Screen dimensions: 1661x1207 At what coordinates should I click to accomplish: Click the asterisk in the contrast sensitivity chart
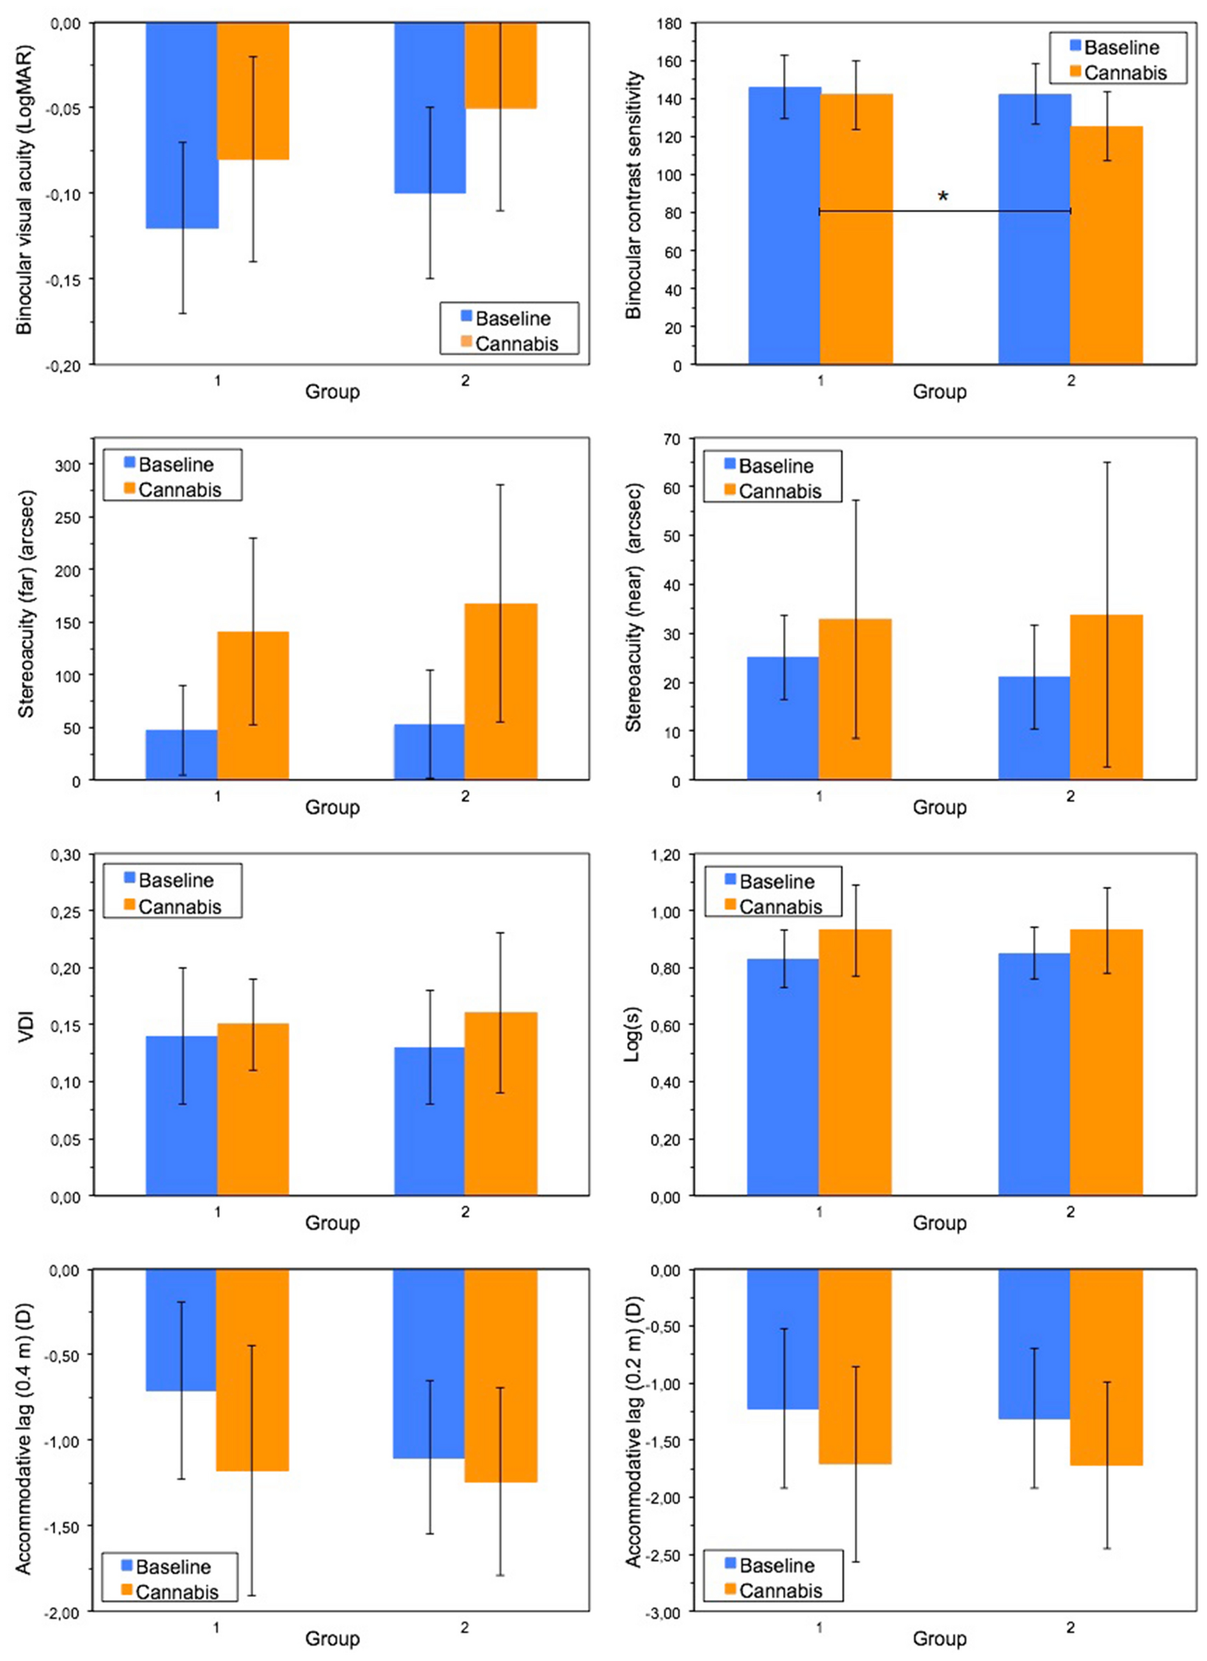point(942,196)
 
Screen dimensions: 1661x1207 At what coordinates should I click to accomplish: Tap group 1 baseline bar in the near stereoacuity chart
point(783,718)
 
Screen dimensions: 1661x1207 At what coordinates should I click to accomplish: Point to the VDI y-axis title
point(27,1025)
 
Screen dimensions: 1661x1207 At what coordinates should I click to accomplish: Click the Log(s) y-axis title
point(634,1025)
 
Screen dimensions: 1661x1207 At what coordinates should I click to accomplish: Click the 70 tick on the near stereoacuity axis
point(672,439)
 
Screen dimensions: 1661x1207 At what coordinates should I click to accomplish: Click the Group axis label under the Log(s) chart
point(939,1223)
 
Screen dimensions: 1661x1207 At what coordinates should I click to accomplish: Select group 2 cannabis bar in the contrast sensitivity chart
point(1106,246)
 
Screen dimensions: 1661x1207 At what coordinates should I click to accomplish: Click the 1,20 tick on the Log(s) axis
point(665,855)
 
